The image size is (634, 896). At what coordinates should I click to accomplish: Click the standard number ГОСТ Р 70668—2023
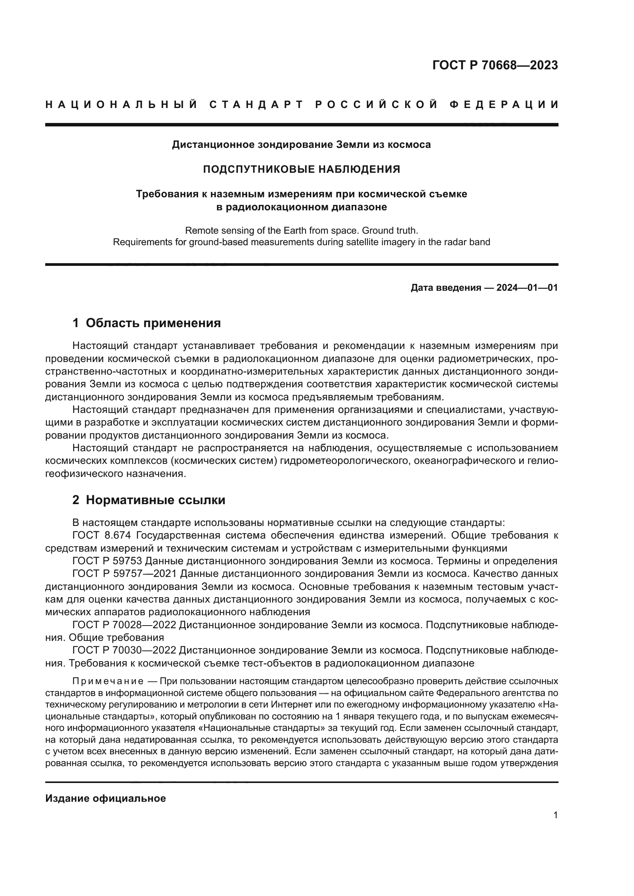click(x=494, y=65)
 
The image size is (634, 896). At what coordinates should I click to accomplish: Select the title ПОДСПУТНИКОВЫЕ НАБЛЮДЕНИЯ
click(x=301, y=169)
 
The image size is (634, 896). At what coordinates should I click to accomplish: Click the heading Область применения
click(x=153, y=323)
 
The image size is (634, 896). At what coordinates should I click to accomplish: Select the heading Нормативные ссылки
click(x=155, y=500)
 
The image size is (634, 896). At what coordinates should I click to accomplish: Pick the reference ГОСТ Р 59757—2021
click(x=125, y=574)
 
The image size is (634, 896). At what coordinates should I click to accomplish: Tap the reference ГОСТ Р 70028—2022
click(x=125, y=625)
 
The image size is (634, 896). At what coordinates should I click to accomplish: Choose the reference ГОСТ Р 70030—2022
click(x=125, y=650)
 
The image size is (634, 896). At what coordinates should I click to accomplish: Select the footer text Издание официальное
click(x=105, y=798)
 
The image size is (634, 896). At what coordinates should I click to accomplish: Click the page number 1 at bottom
click(x=555, y=815)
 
